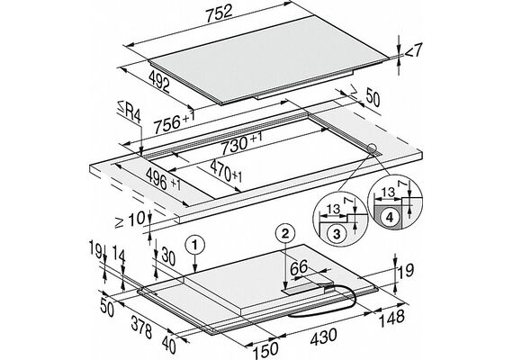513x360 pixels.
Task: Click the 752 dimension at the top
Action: (220, 13)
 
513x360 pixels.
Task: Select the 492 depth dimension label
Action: (159, 81)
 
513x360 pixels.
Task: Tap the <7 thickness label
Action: (414, 50)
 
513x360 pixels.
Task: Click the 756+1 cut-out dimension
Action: (175, 122)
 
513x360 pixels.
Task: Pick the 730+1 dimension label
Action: (242, 144)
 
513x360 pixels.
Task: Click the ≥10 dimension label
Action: (130, 220)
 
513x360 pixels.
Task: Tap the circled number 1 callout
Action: (194, 245)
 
